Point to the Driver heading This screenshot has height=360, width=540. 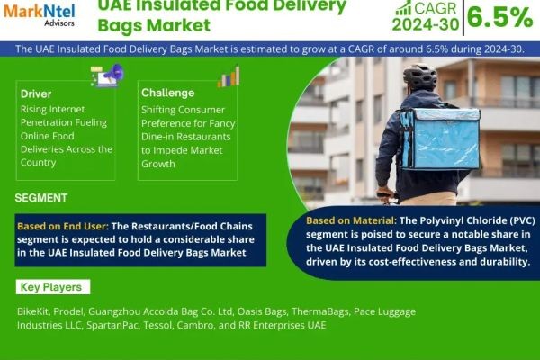37,94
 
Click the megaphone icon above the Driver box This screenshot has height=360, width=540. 105,76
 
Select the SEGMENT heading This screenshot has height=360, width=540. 41,198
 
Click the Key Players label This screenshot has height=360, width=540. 53,288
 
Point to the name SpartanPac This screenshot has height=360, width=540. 114,325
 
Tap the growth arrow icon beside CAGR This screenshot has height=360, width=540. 403,9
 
